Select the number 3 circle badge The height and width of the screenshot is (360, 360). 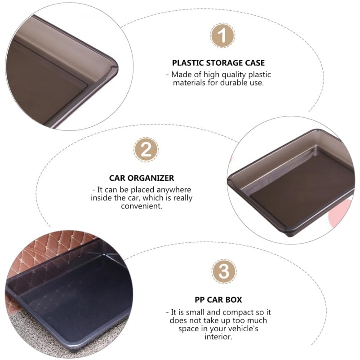[x=223, y=272]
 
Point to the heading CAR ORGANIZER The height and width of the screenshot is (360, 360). [x=142, y=178]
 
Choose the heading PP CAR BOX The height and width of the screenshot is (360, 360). [x=218, y=300]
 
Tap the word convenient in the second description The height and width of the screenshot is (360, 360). [x=141, y=206]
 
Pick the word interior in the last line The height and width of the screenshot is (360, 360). [x=218, y=337]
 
